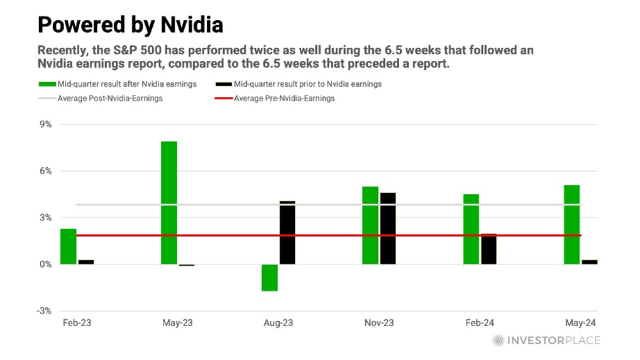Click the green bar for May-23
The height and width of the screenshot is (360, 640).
pos(168,202)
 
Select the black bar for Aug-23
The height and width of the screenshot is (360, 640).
pos(287,232)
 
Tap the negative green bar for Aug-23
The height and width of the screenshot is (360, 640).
pos(270,277)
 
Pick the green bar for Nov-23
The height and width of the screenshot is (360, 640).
pos(370,225)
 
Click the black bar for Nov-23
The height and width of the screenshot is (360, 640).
pos(388,228)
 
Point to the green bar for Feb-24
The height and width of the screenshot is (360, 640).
pos(471,229)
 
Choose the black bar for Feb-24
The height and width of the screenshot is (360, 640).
pos(488,249)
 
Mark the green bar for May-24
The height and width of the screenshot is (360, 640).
pos(571,224)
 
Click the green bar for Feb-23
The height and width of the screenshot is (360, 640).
pos(68,246)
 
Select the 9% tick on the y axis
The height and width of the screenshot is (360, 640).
pos(45,124)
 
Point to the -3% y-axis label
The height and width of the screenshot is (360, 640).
pos(44,311)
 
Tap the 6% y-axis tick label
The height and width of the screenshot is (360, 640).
pos(45,171)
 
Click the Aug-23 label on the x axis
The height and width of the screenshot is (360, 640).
pos(278,323)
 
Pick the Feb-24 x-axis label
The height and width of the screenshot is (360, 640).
pos(480,323)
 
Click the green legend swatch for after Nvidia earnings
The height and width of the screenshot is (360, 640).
pos(47,84)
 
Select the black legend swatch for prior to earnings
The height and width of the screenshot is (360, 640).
pos(222,84)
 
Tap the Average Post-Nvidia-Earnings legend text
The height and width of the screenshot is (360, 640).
pos(110,98)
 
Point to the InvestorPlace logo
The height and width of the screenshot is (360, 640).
pos(545,340)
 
